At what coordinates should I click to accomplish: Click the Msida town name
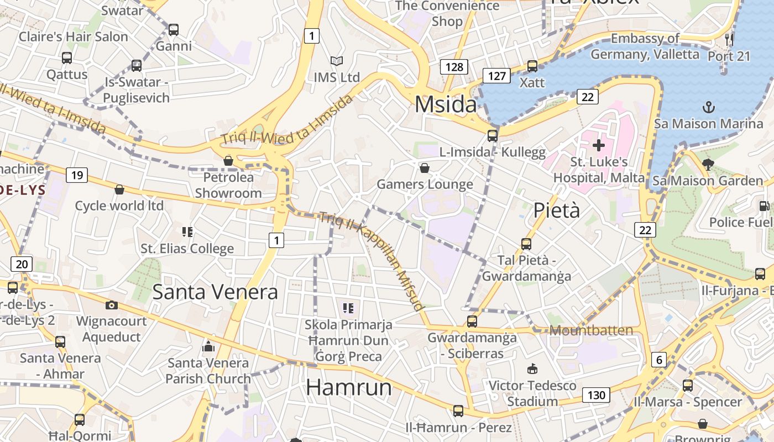tap(445, 104)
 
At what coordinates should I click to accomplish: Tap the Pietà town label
tap(557, 211)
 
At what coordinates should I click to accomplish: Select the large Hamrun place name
tap(348, 387)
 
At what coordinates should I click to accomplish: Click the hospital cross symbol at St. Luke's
tap(599, 146)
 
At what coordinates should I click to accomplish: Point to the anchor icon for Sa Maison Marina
tap(708, 107)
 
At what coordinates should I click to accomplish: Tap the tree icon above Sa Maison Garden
tap(708, 164)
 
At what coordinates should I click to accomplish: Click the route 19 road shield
tap(77, 176)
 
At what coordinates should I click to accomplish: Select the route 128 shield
tap(454, 67)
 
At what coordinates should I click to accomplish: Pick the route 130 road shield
tap(596, 395)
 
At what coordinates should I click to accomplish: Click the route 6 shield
tap(658, 360)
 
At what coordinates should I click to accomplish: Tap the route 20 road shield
tap(22, 264)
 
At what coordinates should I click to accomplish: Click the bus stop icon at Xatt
tap(532, 66)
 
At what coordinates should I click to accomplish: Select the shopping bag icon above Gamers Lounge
tap(425, 168)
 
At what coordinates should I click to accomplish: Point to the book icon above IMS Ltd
tap(336, 61)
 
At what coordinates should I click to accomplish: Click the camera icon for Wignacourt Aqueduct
tap(112, 305)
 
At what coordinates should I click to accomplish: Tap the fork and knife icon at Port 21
tap(729, 39)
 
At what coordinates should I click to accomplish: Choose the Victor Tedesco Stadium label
tap(532, 393)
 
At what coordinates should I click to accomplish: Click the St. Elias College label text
tap(187, 249)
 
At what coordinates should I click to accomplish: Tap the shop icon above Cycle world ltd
tap(119, 190)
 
